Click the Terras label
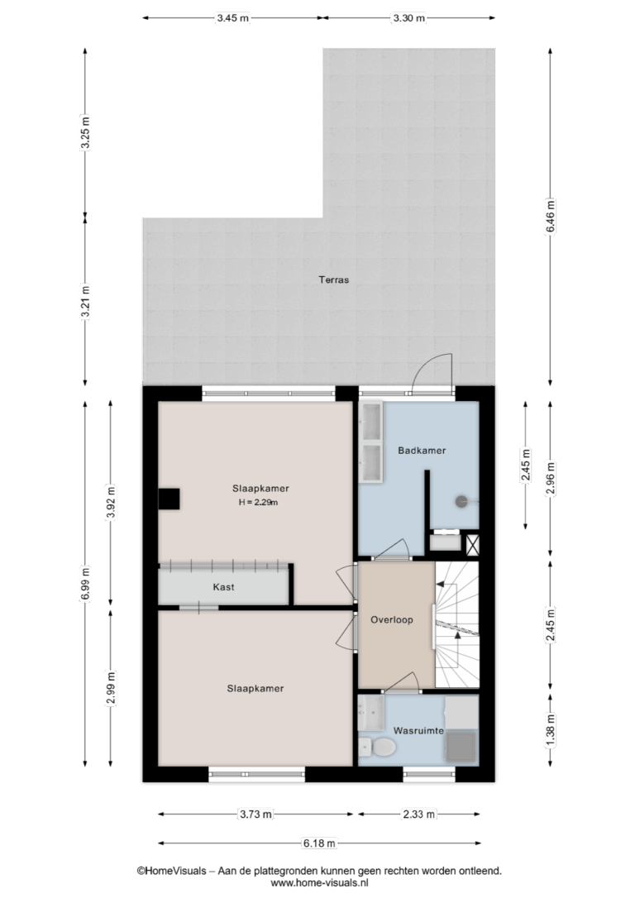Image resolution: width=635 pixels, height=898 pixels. [334, 280]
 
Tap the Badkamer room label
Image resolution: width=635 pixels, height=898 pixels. [422, 451]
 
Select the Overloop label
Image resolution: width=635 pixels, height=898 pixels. [392, 619]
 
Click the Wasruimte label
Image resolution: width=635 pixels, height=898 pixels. [418, 731]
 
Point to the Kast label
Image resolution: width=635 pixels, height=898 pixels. [223, 587]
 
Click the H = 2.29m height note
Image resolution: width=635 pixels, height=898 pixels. [258, 503]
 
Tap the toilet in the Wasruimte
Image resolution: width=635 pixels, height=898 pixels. [377, 747]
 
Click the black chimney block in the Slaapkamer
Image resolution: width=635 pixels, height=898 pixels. [169, 499]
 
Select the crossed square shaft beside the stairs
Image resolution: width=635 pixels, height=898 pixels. [472, 545]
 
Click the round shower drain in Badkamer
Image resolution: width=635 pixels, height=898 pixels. [461, 502]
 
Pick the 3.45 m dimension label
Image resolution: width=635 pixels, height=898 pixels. [232, 17]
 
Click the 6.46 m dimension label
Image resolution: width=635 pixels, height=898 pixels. [551, 215]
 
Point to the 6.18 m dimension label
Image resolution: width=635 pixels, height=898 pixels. [319, 843]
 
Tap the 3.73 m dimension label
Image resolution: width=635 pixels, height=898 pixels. [255, 814]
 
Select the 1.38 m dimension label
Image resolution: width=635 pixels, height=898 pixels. [551, 730]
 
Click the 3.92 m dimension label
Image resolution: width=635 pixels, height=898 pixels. [111, 502]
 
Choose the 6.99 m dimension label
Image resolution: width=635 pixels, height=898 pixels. [85, 584]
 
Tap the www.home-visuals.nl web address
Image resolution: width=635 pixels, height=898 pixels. [319, 883]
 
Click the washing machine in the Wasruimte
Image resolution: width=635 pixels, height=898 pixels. [462, 746]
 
